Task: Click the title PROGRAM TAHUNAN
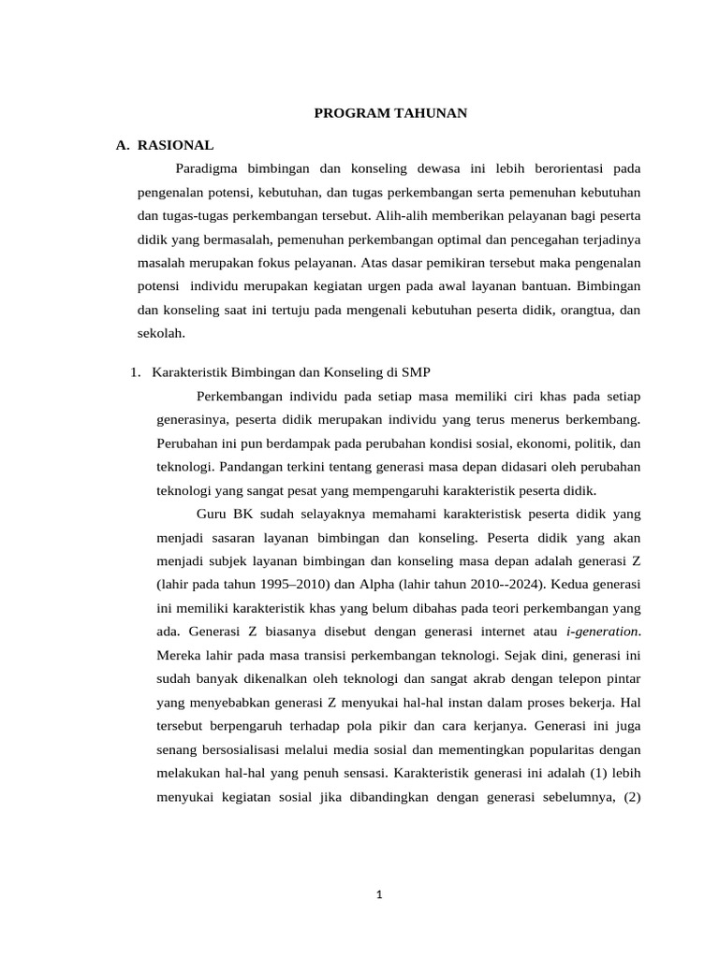[389, 113]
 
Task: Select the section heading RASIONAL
[175, 145]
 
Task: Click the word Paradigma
[209, 168]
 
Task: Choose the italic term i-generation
[603, 631]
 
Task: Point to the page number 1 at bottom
[380, 894]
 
